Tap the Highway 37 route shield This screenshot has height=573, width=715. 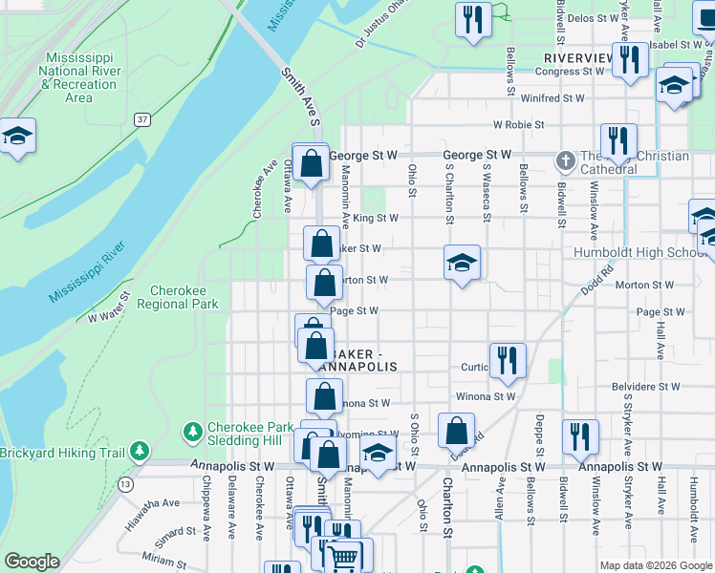pyautogui.click(x=142, y=119)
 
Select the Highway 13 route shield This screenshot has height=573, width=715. pyautogui.click(x=125, y=484)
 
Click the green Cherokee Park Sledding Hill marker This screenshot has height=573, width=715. pyautogui.click(x=193, y=433)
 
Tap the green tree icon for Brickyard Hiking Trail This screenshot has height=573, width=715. pyautogui.click(x=140, y=450)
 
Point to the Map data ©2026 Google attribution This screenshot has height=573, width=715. pyautogui.click(x=655, y=565)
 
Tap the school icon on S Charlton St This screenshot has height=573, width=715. pyautogui.click(x=462, y=263)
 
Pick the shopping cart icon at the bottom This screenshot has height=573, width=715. pyautogui.click(x=343, y=557)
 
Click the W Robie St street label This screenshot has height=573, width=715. pyautogui.click(x=518, y=125)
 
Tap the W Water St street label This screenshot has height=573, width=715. pyautogui.click(x=108, y=313)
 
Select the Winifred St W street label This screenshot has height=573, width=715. pyautogui.click(x=552, y=97)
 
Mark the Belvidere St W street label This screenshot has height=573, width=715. pyautogui.click(x=645, y=387)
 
